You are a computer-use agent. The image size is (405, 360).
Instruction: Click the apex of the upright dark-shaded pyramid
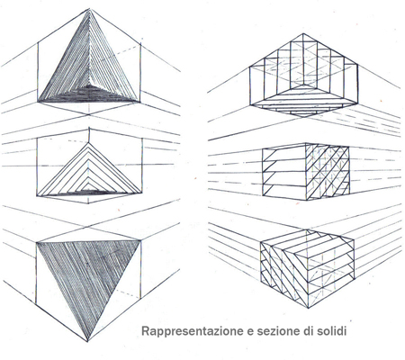pos(89,10)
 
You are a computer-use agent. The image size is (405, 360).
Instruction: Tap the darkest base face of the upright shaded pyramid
pos(88,94)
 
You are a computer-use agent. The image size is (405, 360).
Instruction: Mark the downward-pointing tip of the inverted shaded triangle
pos(87,341)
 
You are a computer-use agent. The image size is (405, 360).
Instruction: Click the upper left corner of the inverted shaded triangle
pos(37,242)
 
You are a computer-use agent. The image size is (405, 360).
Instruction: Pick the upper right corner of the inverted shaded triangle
pos(140,240)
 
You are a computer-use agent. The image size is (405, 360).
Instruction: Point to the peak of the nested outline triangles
pos(88,142)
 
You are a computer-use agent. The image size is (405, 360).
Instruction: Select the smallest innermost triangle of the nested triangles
pos(89,188)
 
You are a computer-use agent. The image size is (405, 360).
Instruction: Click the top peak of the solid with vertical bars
pos(303,33)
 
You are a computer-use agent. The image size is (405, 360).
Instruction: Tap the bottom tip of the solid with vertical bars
pos(304,117)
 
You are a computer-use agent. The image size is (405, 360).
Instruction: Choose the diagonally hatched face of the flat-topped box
pos(328,173)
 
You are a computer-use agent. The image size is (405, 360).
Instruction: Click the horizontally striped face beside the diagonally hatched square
pos(284,172)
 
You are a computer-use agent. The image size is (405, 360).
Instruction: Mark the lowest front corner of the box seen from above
pos(308,308)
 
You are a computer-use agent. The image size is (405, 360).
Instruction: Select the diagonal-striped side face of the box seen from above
pos(284,274)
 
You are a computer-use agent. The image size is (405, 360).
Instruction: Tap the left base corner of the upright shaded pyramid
pos(39,102)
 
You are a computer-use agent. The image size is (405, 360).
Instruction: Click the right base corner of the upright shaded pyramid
pos(139,101)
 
